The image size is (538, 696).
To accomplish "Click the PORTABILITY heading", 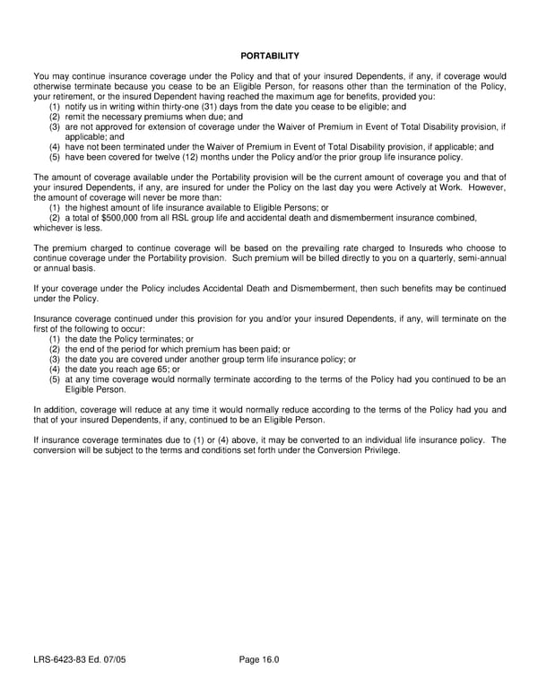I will (x=269, y=56).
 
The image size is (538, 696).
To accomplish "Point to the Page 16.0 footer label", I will (x=259, y=660).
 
